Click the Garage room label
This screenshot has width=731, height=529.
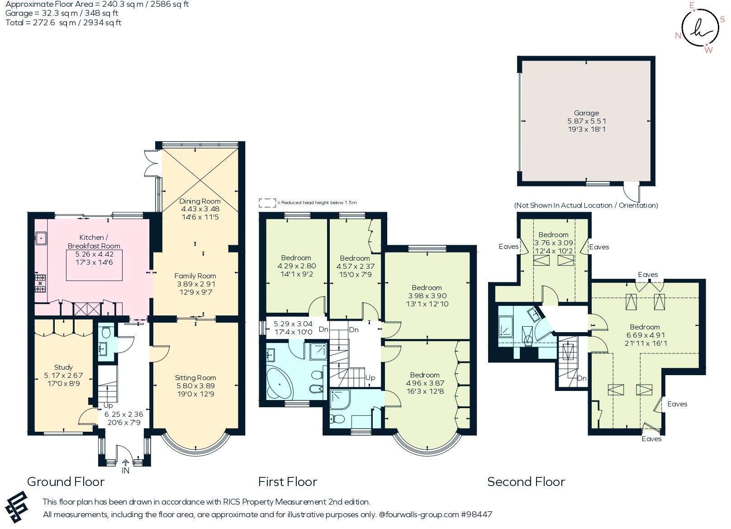pos(586,113)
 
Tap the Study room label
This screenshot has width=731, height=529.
pos(63,367)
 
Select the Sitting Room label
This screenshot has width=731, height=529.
pos(195,378)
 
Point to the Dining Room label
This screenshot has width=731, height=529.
pos(200,201)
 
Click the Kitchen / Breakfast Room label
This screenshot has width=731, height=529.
pos(94,242)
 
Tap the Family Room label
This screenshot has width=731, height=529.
pos(195,276)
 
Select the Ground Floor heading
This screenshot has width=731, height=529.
pos(66,481)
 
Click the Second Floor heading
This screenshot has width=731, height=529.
pos(526,481)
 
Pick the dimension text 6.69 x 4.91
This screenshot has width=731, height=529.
pos(645,335)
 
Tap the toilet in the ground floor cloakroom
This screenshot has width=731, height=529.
pos(106,333)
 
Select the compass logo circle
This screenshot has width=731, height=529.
pos(699,28)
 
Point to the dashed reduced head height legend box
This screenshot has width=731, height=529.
pos(267,203)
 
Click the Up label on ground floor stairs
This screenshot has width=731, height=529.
pos(108,405)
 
